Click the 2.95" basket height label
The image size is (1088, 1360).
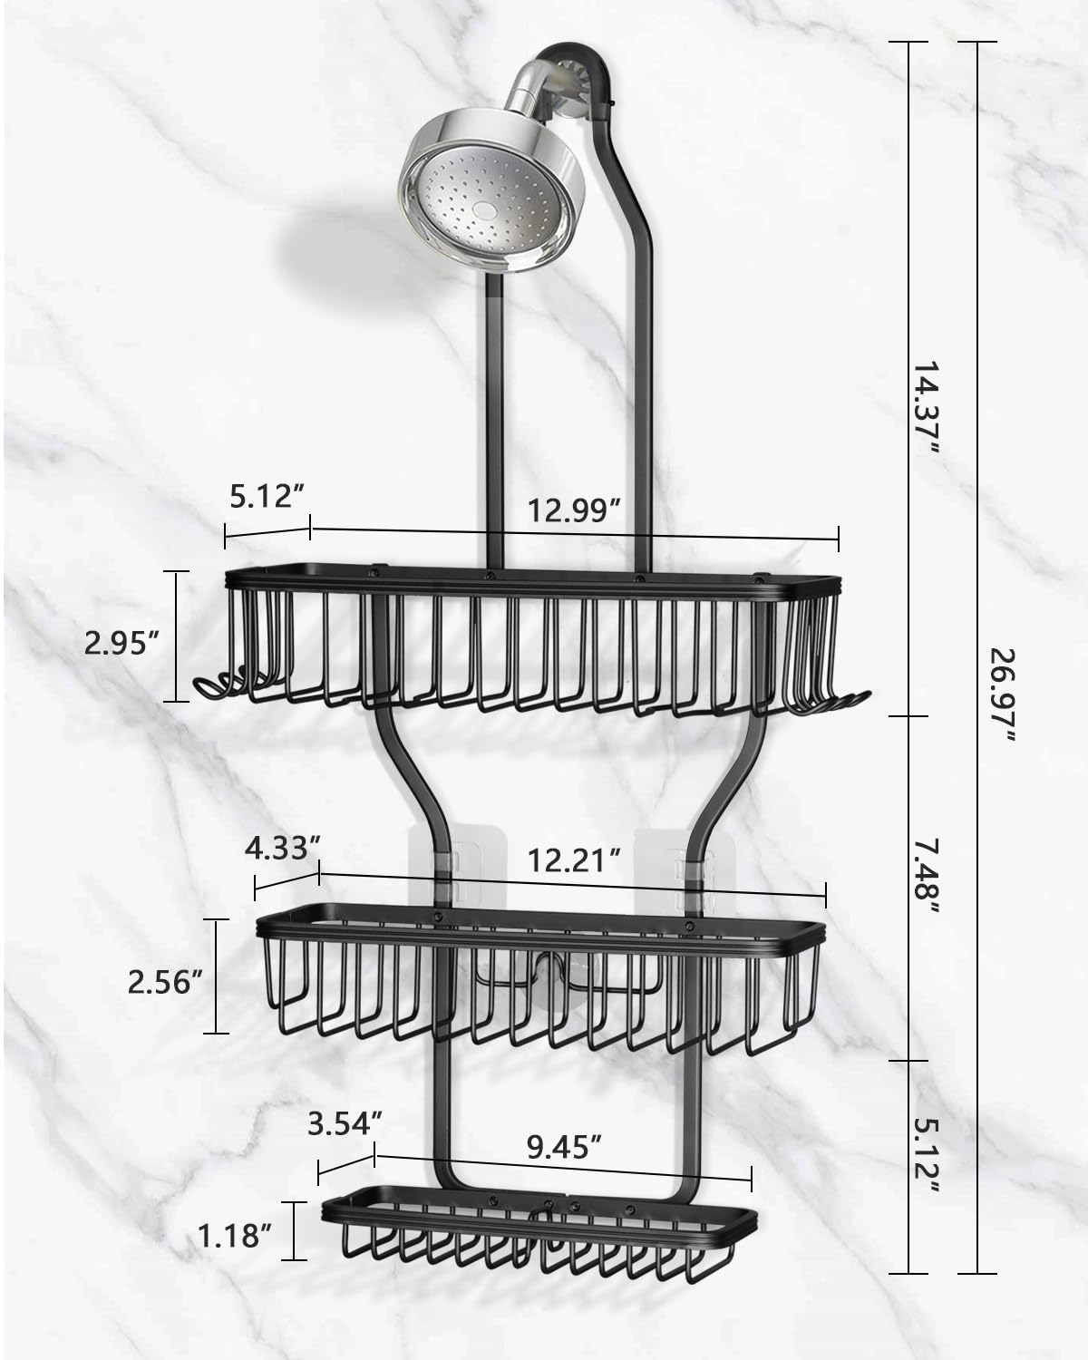coord(121,644)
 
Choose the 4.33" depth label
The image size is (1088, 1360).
coord(283,850)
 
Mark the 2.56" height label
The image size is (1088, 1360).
coord(164,982)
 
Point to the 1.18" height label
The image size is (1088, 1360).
coord(231,1236)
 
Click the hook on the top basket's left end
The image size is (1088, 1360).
coord(213,689)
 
